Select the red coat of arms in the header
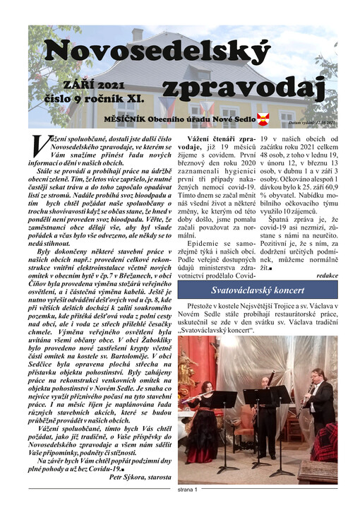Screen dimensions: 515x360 pos(262,117)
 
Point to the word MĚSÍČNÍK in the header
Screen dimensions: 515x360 pos(126,117)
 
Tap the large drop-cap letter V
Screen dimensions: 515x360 pos(39,145)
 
